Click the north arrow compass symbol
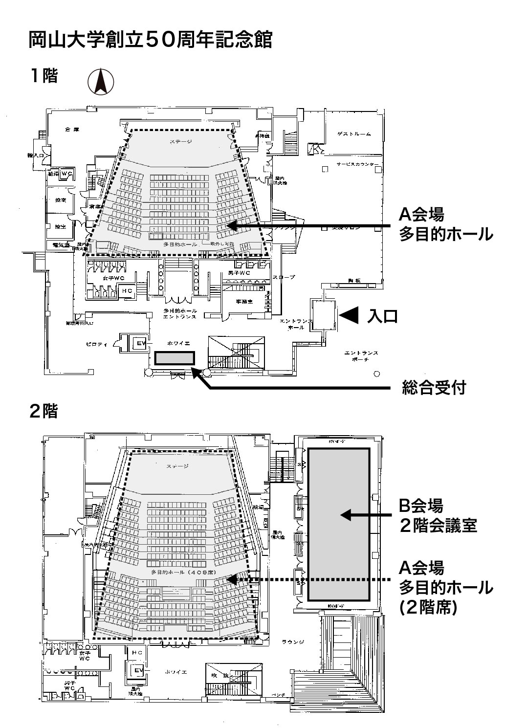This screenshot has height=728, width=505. pyautogui.click(x=101, y=81)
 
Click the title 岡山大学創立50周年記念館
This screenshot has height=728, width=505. pyautogui.click(x=151, y=40)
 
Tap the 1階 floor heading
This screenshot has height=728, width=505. pyautogui.click(x=44, y=76)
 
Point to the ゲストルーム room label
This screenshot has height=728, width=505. pyautogui.click(x=354, y=134)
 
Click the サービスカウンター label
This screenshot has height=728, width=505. pyautogui.click(x=357, y=164)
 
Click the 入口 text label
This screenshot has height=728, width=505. pyautogui.click(x=382, y=316)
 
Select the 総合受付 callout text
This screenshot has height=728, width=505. pyautogui.click(x=434, y=388)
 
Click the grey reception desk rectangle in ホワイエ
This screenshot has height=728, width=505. pyautogui.click(x=175, y=358)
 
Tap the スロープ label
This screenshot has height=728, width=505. pyautogui.click(x=284, y=277)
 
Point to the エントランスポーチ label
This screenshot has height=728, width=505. pyautogui.click(x=361, y=356)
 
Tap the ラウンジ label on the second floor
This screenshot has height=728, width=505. pyautogui.click(x=293, y=642)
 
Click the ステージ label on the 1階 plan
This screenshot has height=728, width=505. pyautogui.click(x=181, y=142)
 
